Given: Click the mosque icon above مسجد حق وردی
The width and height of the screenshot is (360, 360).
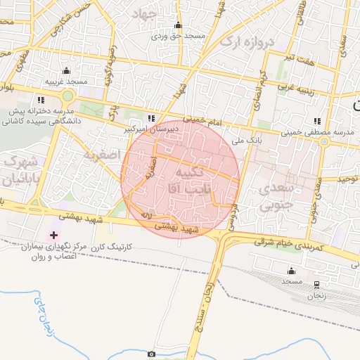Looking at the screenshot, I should (x=177, y=26).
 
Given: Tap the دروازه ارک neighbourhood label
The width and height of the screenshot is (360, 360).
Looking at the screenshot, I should (x=245, y=41).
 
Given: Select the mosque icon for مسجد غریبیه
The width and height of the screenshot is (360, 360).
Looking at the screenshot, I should (x=66, y=71).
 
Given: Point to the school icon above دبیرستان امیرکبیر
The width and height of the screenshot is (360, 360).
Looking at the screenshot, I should (x=152, y=118).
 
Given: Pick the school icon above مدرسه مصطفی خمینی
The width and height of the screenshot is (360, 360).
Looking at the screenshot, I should (x=318, y=121).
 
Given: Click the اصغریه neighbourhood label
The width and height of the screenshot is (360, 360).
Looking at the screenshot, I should (x=102, y=153).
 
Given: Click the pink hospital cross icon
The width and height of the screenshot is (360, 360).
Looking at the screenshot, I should (x=53, y=234).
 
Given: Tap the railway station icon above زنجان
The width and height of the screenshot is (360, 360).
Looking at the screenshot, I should (x=316, y=285).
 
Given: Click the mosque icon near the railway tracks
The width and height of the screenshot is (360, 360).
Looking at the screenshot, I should (x=291, y=271).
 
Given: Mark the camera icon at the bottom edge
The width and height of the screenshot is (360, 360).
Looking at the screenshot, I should (x=152, y=354).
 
